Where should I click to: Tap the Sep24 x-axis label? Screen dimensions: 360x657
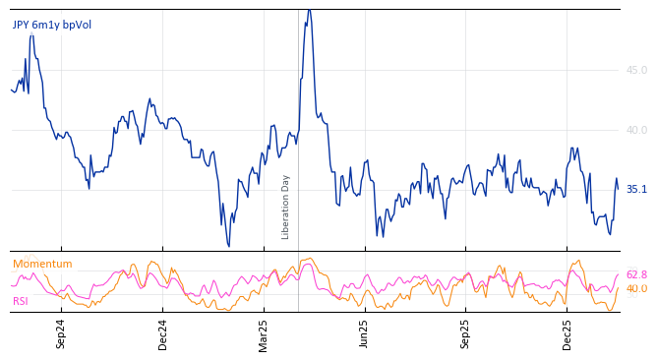point(61,333)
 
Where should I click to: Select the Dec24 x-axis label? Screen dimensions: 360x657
point(163,333)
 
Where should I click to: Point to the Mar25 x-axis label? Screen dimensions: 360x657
point(264,333)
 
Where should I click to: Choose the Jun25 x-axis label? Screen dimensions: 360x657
point(364,333)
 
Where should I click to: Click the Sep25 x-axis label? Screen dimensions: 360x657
point(466,333)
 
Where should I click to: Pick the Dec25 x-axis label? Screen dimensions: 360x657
point(567,333)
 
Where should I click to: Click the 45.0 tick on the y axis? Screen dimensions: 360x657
point(636,70)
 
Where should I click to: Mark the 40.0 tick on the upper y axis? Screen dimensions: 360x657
point(636,130)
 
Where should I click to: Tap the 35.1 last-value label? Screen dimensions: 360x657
point(636,189)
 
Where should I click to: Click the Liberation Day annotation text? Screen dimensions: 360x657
point(286,207)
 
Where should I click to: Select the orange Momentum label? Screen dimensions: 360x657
point(42,265)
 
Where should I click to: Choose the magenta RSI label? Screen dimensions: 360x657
point(21,301)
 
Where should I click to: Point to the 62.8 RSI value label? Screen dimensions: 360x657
point(636,275)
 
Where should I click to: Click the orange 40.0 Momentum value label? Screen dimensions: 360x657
point(636,289)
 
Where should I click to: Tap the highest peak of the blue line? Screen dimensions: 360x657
point(309,10)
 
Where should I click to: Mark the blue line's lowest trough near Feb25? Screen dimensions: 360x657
point(228,246)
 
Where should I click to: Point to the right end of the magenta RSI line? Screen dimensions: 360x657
point(618,275)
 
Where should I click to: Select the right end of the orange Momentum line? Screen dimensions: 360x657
point(618,289)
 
